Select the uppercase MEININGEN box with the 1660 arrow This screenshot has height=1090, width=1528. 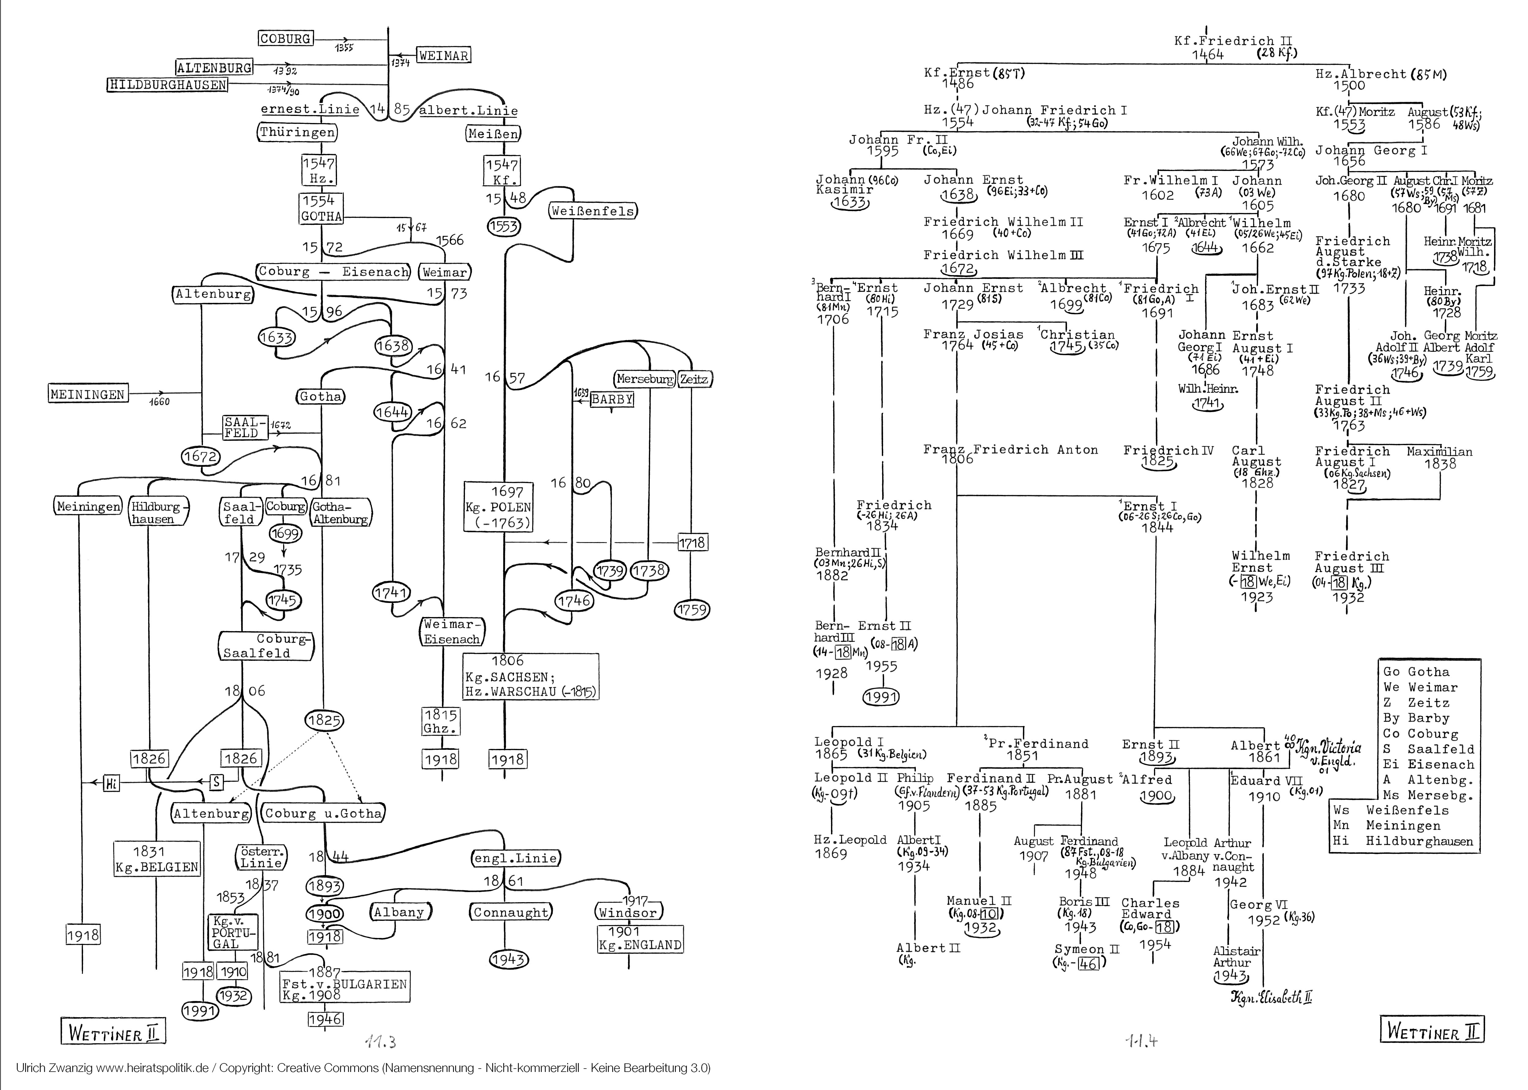pos(88,395)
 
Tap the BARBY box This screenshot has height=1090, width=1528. pos(612,399)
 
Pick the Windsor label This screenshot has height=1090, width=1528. pos(629,913)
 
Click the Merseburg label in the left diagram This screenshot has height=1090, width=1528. pos(645,379)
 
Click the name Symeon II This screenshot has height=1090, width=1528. pos(1087,949)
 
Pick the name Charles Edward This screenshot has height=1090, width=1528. pos(1150,909)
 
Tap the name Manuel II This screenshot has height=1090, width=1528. pos(978,901)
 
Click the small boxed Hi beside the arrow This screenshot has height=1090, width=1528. pos(111,783)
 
